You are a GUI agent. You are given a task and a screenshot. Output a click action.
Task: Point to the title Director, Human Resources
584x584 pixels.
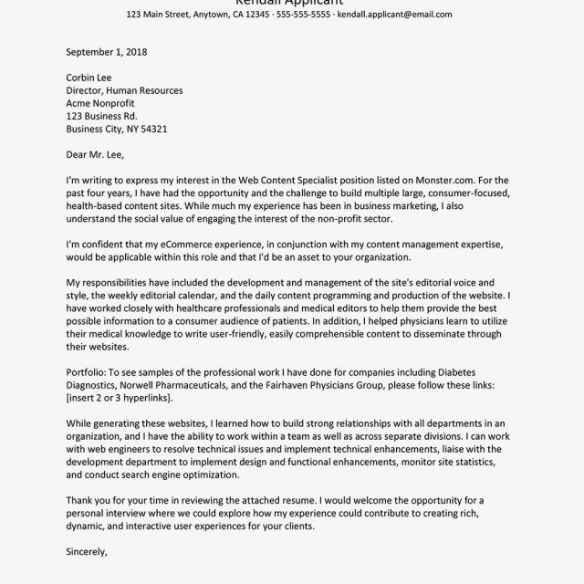(125, 91)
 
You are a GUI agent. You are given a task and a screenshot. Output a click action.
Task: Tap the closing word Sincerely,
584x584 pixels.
(88, 553)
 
